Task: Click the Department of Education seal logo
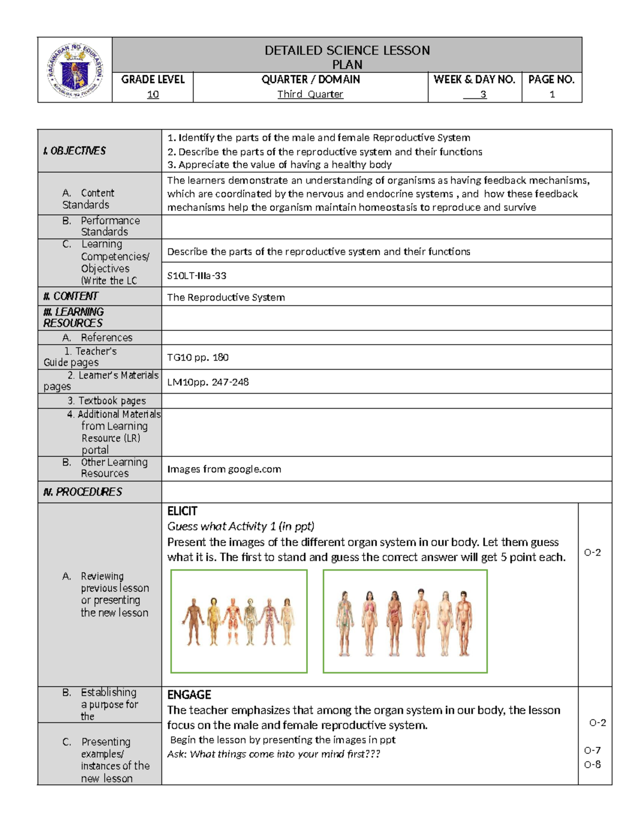point(75,70)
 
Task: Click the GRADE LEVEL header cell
point(153,80)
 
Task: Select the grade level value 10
point(153,95)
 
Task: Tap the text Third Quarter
point(310,95)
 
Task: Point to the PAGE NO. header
point(551,80)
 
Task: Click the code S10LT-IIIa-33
point(197,276)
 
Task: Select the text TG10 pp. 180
point(198,358)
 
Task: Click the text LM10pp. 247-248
point(208,382)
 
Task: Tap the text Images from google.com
point(224,469)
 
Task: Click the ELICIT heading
point(182,511)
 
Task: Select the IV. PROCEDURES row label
point(82,492)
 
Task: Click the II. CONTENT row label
point(71,296)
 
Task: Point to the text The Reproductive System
point(226,297)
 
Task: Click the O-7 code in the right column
point(592,750)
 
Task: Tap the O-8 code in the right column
point(592,764)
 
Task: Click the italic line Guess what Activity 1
point(240,526)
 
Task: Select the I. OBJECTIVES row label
point(74,151)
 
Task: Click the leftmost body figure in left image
point(193,622)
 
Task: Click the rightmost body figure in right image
point(464,622)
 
